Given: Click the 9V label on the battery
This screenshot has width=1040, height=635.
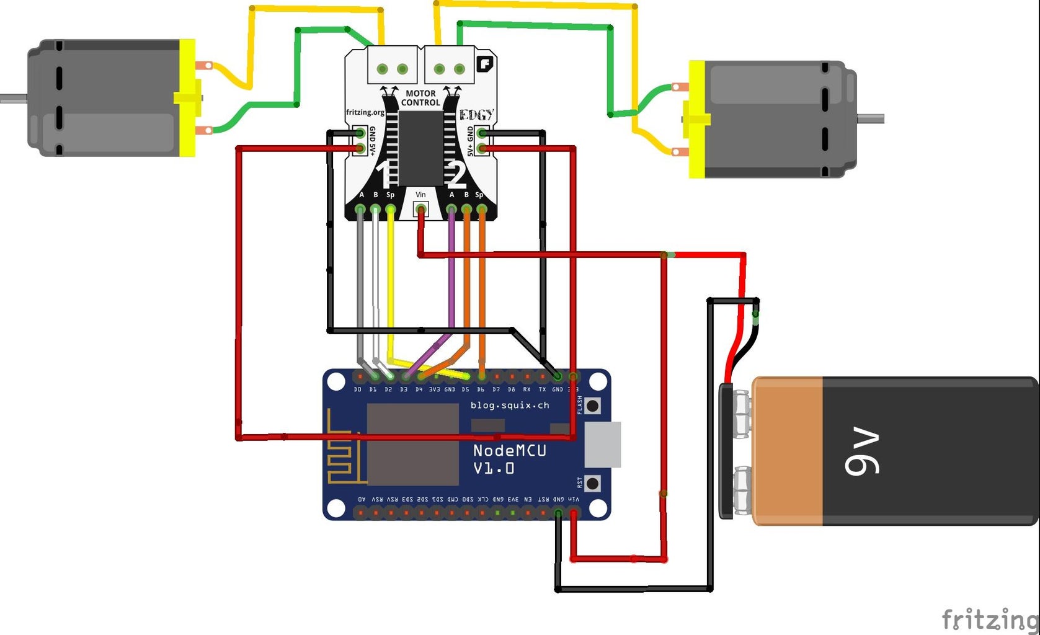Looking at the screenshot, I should (x=862, y=451).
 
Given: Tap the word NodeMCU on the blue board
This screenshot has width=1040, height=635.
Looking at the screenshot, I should (x=509, y=451).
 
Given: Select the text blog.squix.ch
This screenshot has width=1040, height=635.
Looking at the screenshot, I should (x=510, y=406).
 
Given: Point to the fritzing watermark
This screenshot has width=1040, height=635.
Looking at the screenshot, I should (x=990, y=619).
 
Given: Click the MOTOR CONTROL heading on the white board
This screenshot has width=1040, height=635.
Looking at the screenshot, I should (x=420, y=98).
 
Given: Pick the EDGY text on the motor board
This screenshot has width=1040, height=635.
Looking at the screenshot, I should (x=476, y=115).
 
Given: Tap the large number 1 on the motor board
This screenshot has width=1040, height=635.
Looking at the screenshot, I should (x=385, y=175).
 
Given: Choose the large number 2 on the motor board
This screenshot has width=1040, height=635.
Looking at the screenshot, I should (x=456, y=175).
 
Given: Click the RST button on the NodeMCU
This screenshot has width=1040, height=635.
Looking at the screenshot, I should (x=593, y=483).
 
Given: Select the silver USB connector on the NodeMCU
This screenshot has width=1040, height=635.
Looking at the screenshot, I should (x=602, y=445).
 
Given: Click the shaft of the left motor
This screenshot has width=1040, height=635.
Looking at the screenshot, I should (x=12, y=98).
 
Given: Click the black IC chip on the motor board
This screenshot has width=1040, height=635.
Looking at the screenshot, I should (x=420, y=148).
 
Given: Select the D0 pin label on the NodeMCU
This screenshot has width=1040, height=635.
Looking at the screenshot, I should (x=358, y=389).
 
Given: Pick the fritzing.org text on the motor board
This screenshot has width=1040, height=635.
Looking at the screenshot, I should (x=365, y=112).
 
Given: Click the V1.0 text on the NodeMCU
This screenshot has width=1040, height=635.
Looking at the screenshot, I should (x=494, y=469).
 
